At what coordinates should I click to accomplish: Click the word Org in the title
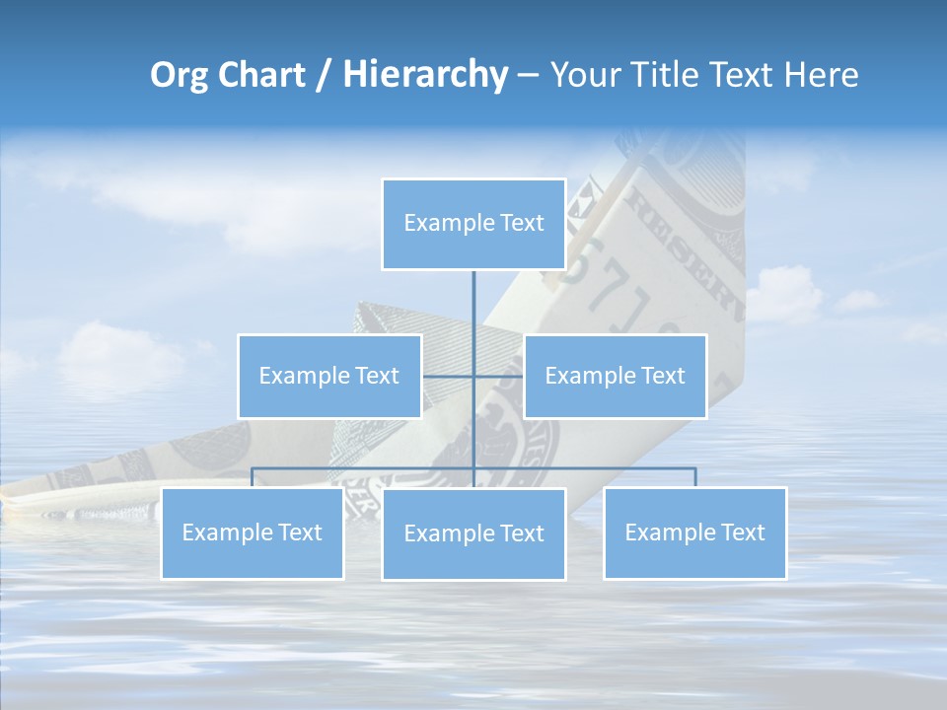177,75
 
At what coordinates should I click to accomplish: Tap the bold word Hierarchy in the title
425,75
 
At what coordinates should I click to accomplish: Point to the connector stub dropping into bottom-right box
695,477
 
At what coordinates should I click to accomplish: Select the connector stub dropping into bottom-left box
253,477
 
